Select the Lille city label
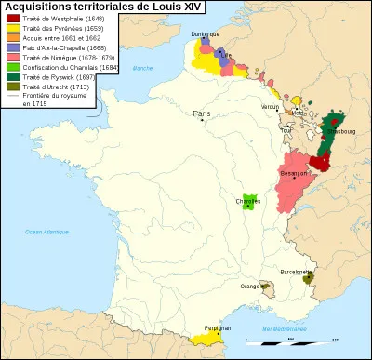[224, 54]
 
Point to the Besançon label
[298, 173]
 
